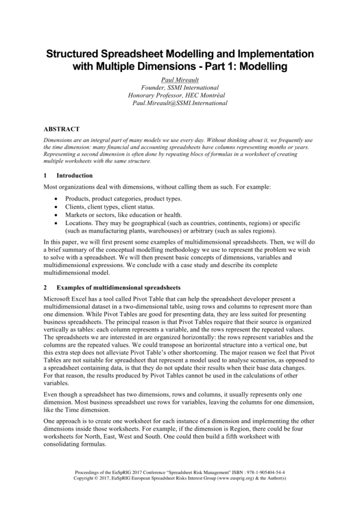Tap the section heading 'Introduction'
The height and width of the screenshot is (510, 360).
74,175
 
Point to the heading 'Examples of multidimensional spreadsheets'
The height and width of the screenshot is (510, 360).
118,288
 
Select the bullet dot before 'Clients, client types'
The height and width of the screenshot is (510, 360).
56,207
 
